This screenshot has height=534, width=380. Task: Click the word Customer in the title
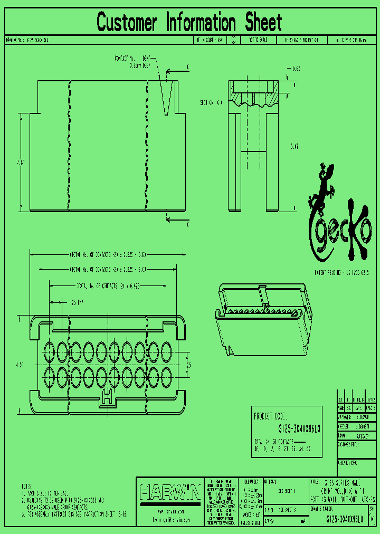click(x=127, y=23)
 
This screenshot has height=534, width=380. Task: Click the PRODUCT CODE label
click(x=272, y=415)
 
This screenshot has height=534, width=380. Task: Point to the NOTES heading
click(x=27, y=486)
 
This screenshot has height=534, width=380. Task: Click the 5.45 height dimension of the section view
click(x=294, y=146)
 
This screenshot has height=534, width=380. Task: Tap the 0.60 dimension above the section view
click(x=296, y=69)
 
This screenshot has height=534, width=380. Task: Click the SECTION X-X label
click(x=212, y=102)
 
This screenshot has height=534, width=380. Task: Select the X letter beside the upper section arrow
click(x=187, y=67)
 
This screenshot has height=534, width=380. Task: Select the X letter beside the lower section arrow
click(x=187, y=224)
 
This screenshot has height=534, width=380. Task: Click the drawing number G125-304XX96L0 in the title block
click(x=344, y=520)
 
